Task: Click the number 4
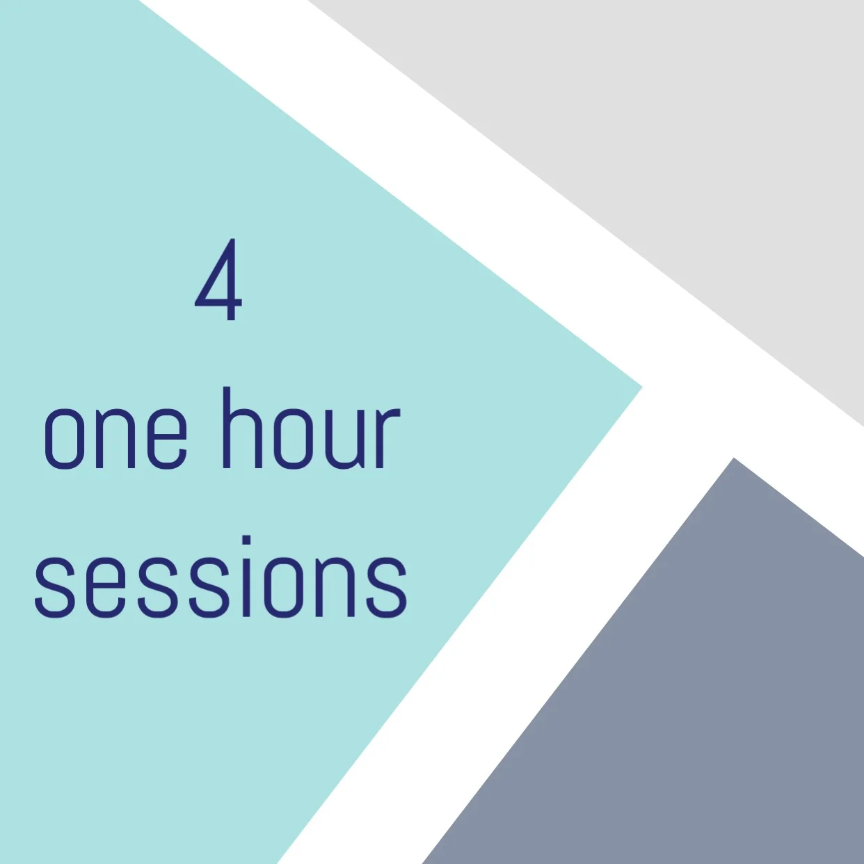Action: [218, 280]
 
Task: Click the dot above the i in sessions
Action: [246, 541]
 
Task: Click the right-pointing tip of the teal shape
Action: [640, 387]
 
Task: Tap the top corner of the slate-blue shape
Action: [733, 459]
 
